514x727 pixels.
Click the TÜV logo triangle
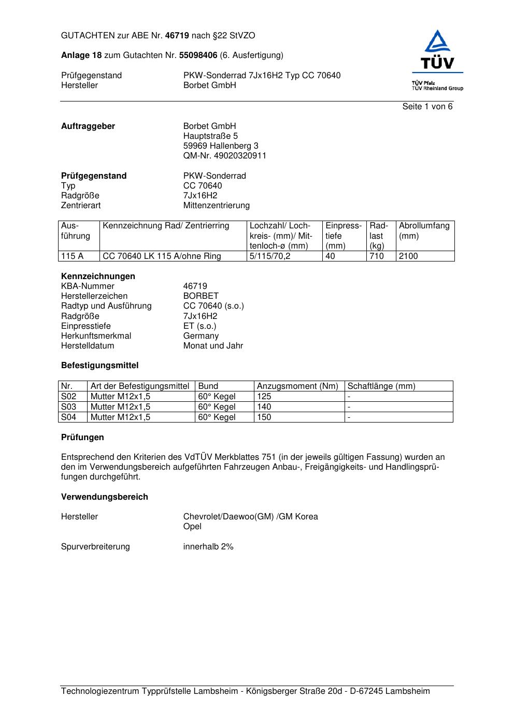click(438, 42)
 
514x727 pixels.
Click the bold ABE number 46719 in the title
click(177, 36)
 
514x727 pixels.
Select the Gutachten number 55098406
click(198, 55)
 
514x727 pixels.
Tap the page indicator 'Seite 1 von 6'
click(427, 107)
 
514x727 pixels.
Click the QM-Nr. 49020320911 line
click(224, 156)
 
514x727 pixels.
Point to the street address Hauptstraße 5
click(210, 136)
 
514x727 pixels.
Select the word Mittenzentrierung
click(216, 206)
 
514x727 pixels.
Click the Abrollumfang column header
click(424, 226)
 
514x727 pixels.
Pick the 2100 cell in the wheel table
click(408, 256)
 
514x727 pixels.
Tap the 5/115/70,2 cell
click(270, 256)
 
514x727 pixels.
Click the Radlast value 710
click(377, 256)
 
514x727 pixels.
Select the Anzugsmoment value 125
click(264, 397)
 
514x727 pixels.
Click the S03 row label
click(68, 407)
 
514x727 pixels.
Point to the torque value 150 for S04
click(264, 417)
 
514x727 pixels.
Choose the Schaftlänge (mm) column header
click(381, 386)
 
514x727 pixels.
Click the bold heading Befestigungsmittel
click(99, 366)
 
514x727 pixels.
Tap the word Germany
click(201, 336)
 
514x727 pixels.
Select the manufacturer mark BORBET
click(201, 296)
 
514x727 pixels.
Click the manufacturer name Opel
click(192, 527)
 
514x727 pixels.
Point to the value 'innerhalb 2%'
click(208, 547)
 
